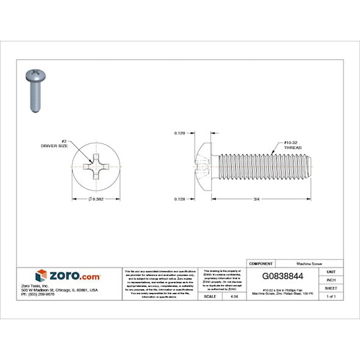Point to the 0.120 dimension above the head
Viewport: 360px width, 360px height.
pos(179,133)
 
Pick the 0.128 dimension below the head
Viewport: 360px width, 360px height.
pos(179,199)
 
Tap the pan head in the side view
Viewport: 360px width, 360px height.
pos(206,165)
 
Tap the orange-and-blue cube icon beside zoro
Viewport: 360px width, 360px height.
pos(41,276)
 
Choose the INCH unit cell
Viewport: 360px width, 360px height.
pos(331,279)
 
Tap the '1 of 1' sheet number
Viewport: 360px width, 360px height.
pos(331,296)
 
